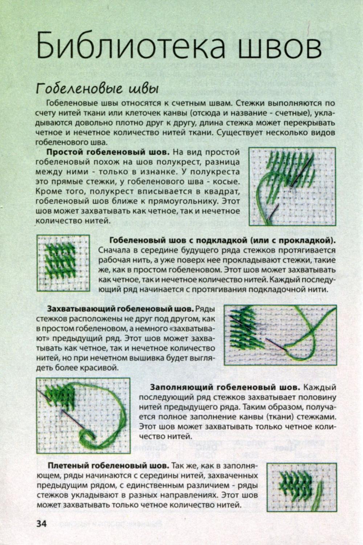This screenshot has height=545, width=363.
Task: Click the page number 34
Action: (41, 524)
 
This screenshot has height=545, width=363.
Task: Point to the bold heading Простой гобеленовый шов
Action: (108, 151)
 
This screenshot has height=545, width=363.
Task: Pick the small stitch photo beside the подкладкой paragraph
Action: (63, 263)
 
